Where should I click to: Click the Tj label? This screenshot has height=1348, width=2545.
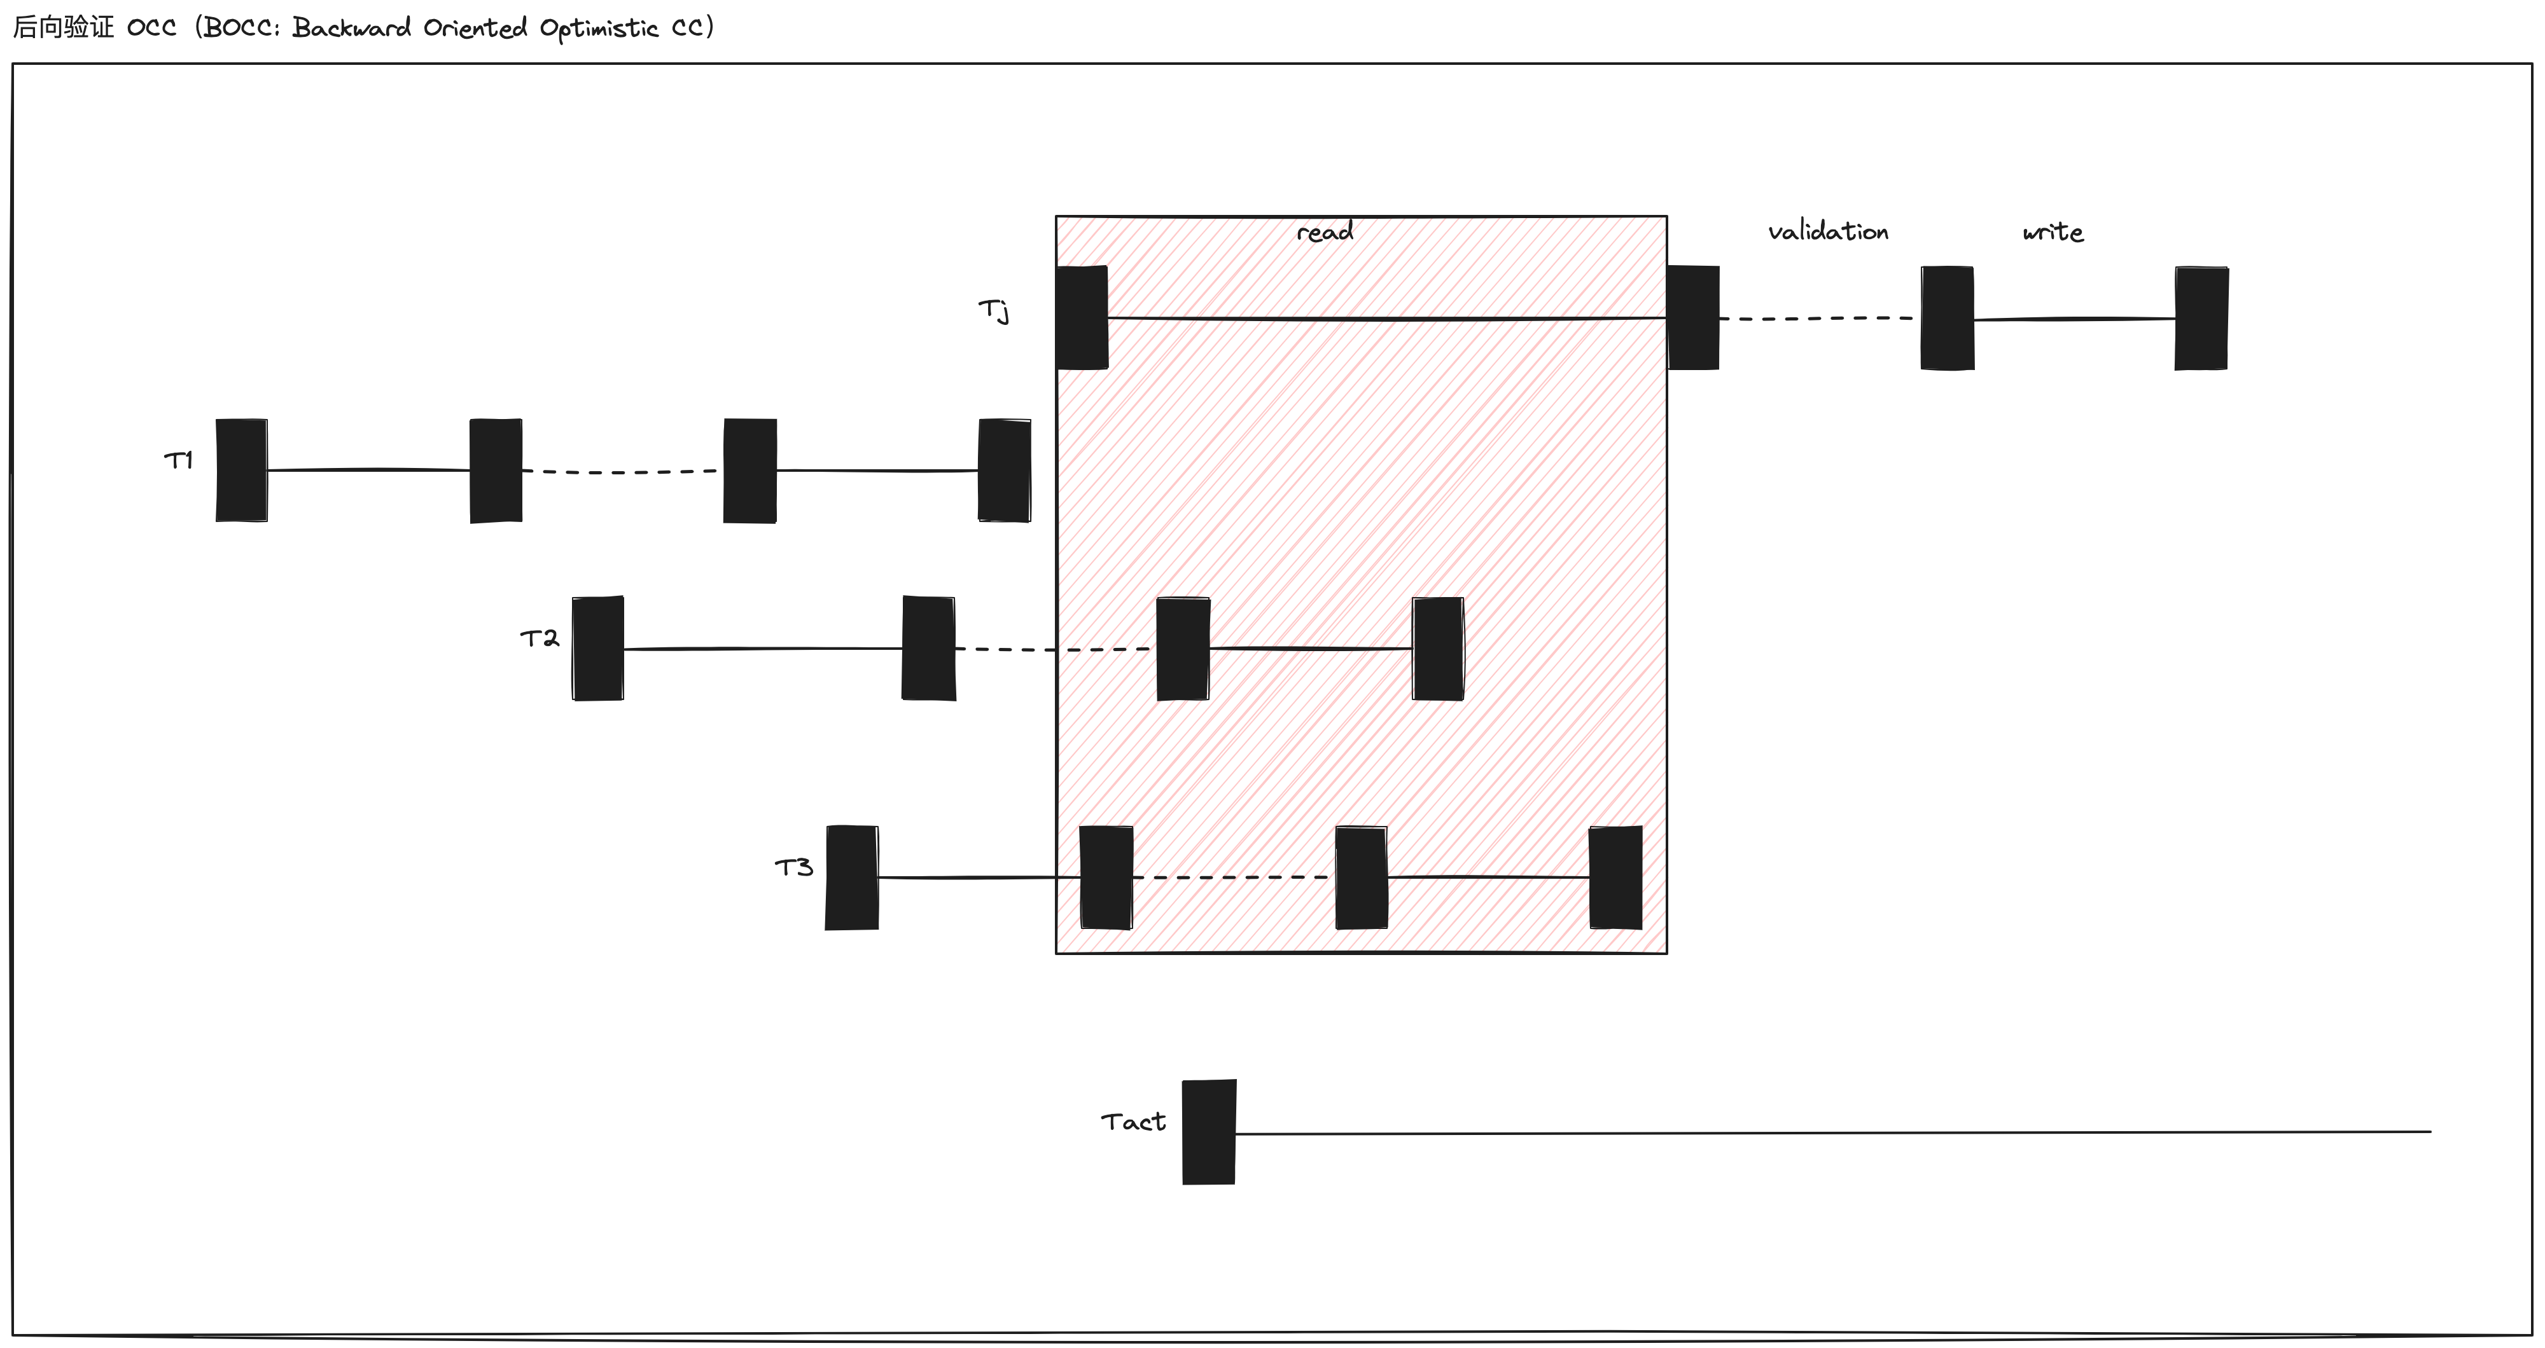click(994, 310)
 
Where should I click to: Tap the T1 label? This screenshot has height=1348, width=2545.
click(179, 460)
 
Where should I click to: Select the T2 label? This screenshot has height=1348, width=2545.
click(540, 638)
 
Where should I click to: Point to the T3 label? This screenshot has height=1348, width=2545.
click(794, 867)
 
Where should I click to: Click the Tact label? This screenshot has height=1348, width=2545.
click(1133, 1122)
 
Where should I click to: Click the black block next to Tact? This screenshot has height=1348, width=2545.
click(1208, 1132)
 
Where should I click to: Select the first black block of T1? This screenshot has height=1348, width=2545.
click(242, 470)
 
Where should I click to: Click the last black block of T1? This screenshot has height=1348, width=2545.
click(1004, 470)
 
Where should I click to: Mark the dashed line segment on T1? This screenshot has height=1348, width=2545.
click(622, 472)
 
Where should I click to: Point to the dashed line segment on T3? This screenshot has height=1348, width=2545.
click(1233, 877)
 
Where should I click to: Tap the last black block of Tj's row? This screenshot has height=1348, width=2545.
click(2201, 318)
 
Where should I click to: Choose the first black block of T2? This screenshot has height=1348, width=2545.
click(597, 648)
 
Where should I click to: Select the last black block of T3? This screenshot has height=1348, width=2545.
click(1615, 877)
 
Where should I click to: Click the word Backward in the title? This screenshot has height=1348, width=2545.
click(352, 27)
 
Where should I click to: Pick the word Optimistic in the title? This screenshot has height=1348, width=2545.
click(599, 29)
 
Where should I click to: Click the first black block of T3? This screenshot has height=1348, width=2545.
click(852, 877)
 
